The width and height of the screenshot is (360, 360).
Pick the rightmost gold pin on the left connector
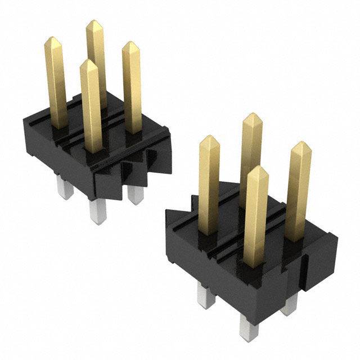point(132,84)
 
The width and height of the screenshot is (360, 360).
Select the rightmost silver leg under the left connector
point(134,194)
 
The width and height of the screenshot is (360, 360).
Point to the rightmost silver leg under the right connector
point(290,304)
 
